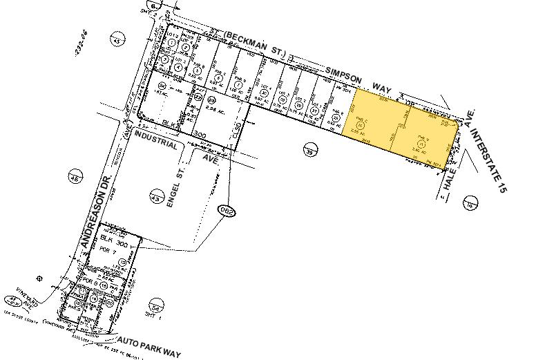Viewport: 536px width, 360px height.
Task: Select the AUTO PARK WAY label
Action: coord(149,348)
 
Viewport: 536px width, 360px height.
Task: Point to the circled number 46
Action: coord(75,178)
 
